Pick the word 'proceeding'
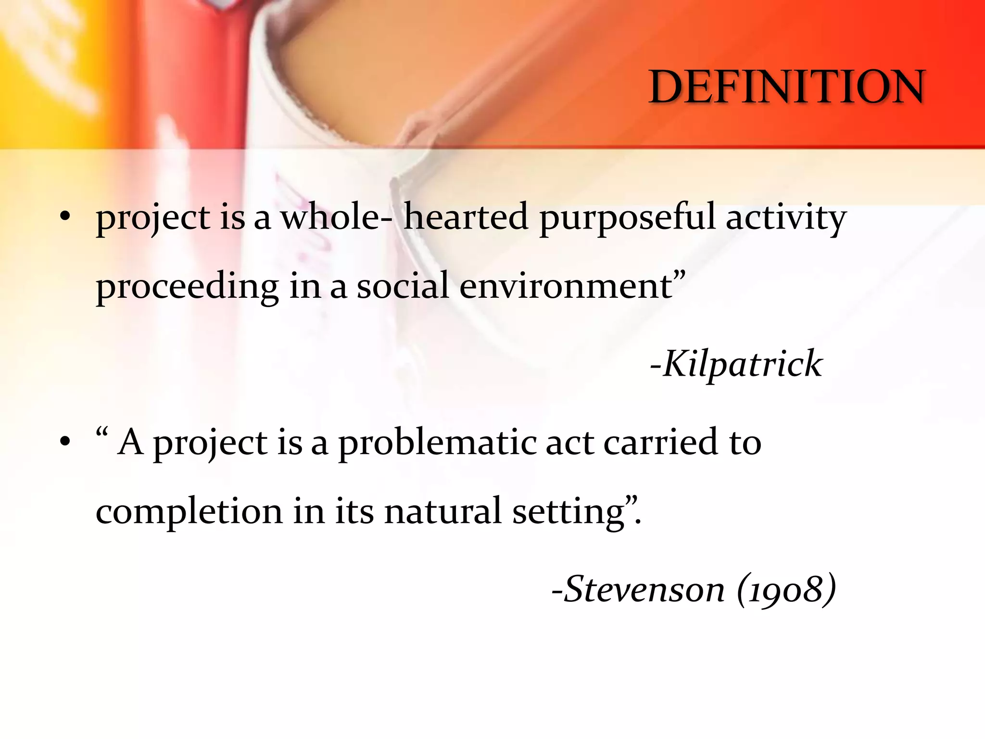tap(187, 287)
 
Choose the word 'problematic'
tap(437, 443)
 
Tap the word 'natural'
tap(442, 511)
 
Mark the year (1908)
tap(786, 589)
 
